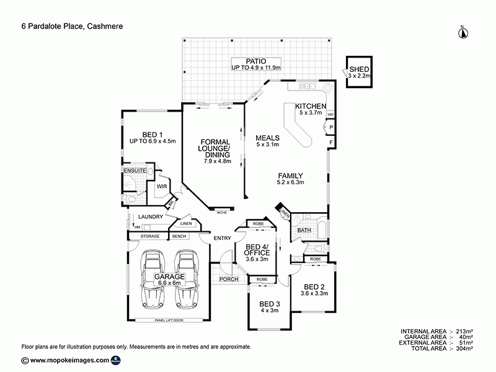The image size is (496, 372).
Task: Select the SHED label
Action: pyautogui.click(x=360, y=69)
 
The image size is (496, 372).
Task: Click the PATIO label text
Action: pyautogui.click(x=256, y=61)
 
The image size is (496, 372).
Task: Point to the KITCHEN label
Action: pyautogui.click(x=310, y=106)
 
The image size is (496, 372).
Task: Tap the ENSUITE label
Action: pyautogui.click(x=134, y=169)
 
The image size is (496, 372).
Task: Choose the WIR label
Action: pyautogui.click(x=162, y=185)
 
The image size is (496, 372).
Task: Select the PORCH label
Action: pyautogui.click(x=229, y=280)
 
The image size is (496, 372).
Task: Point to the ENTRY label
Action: pyautogui.click(x=222, y=238)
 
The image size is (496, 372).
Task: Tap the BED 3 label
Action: pyautogui.click(x=270, y=303)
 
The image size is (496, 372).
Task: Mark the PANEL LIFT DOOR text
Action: pyautogui.click(x=169, y=320)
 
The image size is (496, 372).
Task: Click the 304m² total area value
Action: pyautogui.click(x=464, y=349)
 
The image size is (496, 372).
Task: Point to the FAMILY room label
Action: pyautogui.click(x=291, y=175)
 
